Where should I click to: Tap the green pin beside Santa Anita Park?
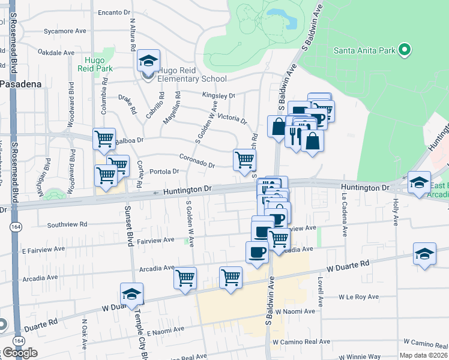point(405,50)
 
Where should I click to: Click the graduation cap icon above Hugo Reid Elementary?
point(148,60)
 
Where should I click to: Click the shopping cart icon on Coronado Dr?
point(244,160)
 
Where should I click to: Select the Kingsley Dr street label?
point(218,95)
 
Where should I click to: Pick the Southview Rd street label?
point(67,224)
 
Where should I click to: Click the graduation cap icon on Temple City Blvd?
point(131,294)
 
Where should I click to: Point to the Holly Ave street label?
point(396,211)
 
